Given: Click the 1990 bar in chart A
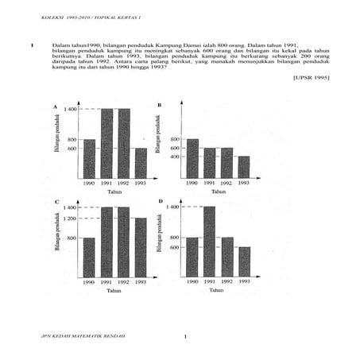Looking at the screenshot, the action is (x=89, y=159).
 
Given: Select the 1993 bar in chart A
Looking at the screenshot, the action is (x=141, y=163).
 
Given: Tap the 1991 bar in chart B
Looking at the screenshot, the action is (x=209, y=163).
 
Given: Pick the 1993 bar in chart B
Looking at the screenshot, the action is (x=243, y=167).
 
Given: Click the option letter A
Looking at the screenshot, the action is (x=55, y=106).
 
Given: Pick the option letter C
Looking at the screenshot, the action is (x=55, y=203).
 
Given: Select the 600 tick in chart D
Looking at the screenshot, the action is (x=174, y=247).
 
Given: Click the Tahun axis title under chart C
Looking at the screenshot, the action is (x=114, y=292).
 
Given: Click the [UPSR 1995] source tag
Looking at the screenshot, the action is (x=309, y=77).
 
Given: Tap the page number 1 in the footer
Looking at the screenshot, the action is (x=184, y=338).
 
